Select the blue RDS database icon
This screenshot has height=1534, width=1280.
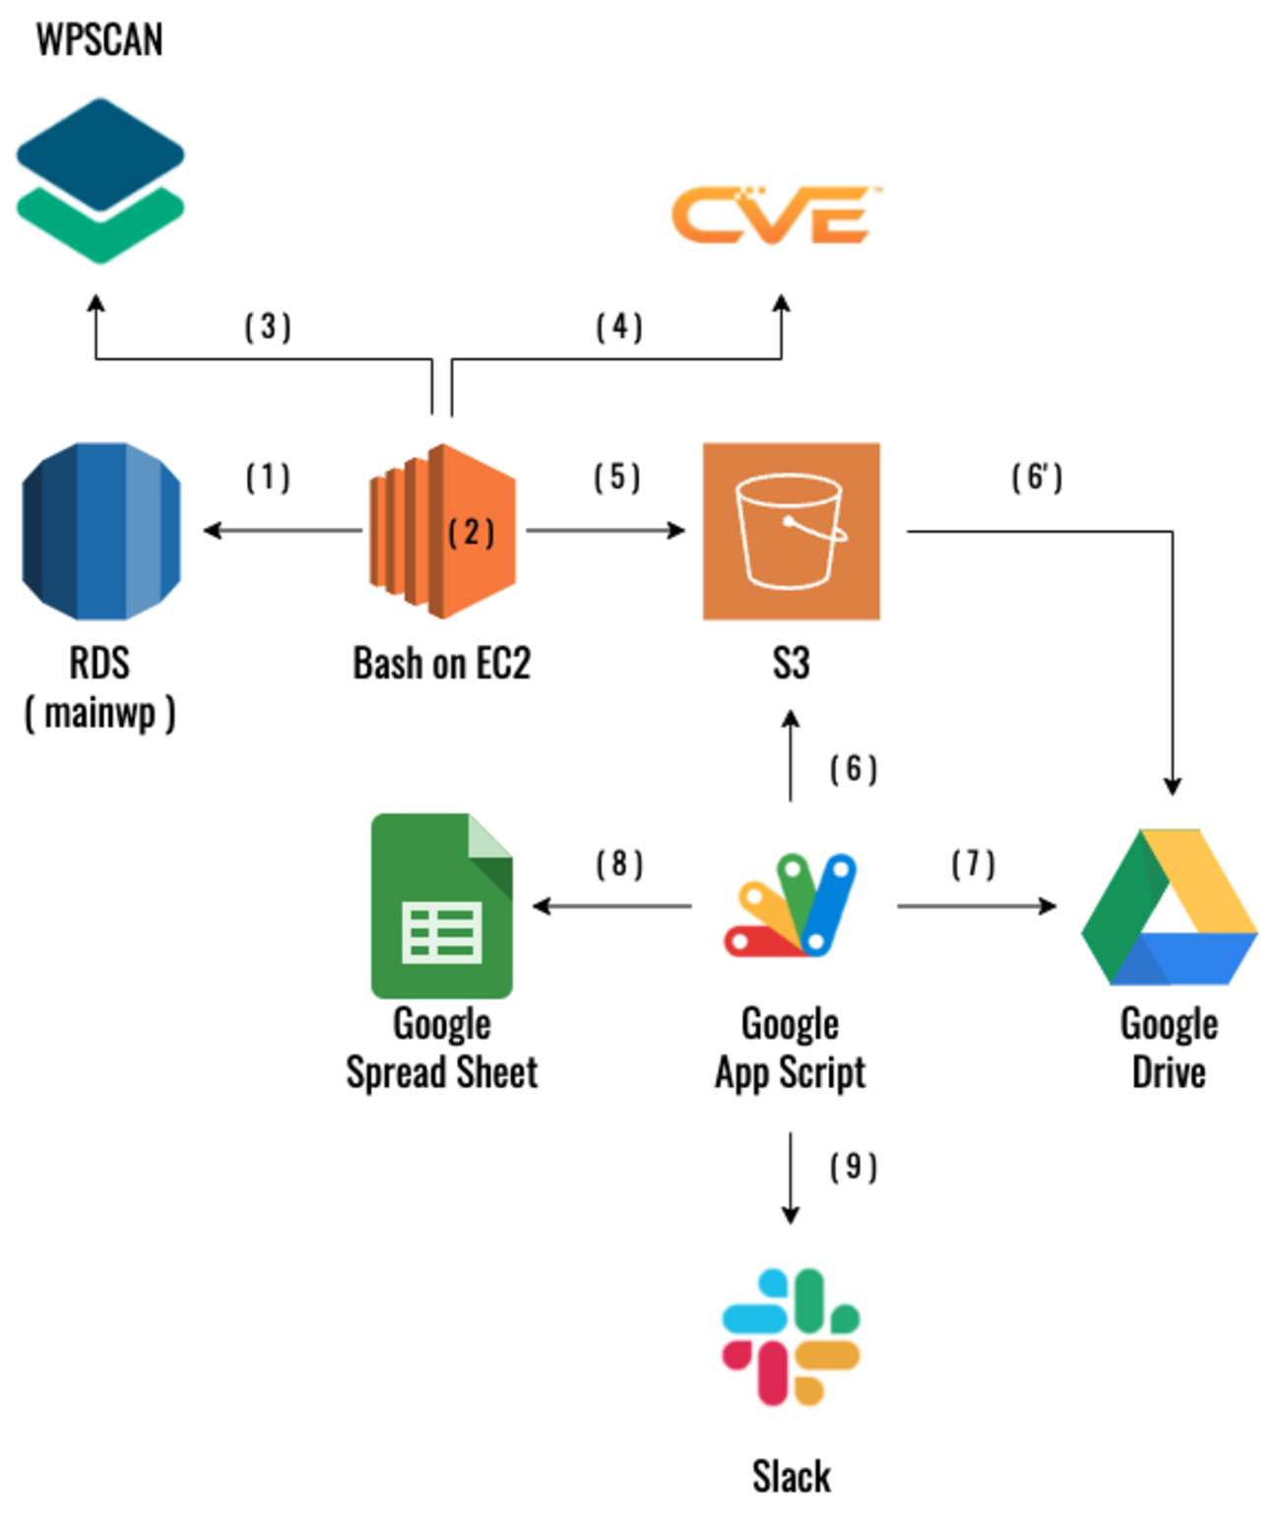[x=100, y=531]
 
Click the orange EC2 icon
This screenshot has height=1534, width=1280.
[x=442, y=531]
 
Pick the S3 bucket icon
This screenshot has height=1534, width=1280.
[x=791, y=531]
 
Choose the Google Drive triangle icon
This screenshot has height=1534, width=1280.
[x=1169, y=907]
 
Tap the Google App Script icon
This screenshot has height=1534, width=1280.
[x=791, y=905]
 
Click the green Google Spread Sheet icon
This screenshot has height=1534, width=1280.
[x=442, y=905]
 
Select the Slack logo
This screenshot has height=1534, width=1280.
[x=791, y=1336]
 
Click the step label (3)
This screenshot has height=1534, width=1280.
[x=268, y=327]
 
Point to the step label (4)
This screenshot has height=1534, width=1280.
[x=619, y=327]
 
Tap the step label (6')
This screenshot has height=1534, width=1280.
[x=1037, y=478]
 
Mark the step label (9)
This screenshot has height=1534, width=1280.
[x=853, y=1167]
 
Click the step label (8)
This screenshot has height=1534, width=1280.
[x=619, y=864]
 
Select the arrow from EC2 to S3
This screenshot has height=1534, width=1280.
[x=606, y=531]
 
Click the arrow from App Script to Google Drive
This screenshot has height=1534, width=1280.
[x=976, y=905]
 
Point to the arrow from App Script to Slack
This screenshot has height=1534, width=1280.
[x=790, y=1178]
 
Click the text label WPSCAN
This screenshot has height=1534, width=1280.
[x=99, y=40]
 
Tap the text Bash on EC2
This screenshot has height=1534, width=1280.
[x=442, y=664]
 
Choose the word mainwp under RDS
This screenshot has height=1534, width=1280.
[x=100, y=712]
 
